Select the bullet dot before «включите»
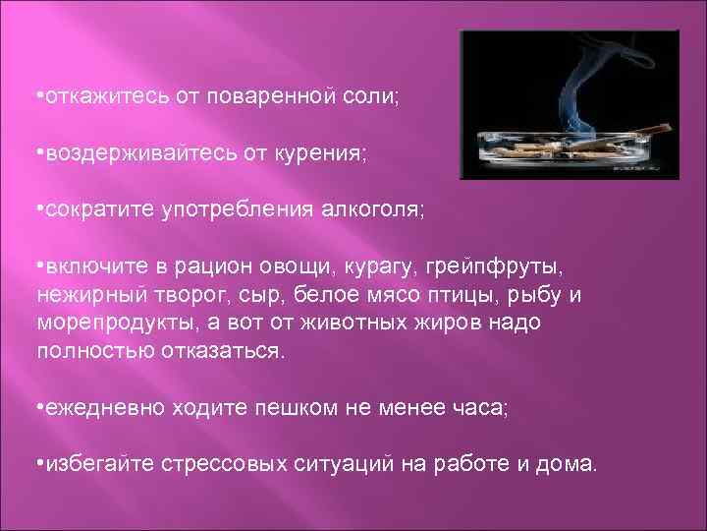36,266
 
